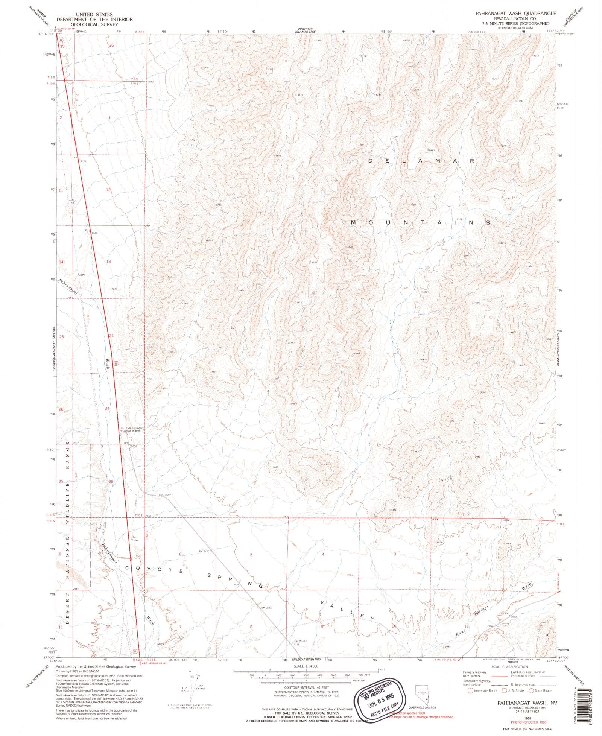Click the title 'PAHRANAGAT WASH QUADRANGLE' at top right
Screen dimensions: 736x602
[x=515, y=13]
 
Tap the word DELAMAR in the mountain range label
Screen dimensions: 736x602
[x=421, y=161]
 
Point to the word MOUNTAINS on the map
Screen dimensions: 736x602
[x=421, y=223]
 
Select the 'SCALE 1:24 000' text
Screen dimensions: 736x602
[x=306, y=666]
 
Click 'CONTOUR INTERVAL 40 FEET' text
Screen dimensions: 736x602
[x=306, y=687]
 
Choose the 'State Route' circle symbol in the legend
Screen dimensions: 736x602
[x=531, y=690]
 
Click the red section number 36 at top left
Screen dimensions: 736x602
[x=111, y=45]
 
